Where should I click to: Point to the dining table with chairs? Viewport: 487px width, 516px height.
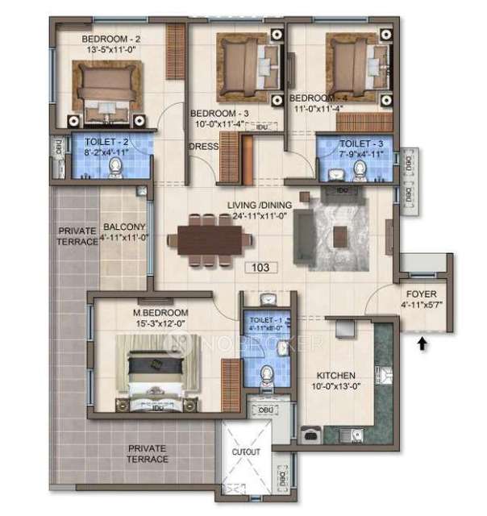coord(209,239)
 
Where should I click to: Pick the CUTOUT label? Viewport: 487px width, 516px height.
coord(247,452)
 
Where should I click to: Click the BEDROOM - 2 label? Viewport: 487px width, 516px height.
coord(111,39)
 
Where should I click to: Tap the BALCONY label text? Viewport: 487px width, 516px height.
coord(124,227)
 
